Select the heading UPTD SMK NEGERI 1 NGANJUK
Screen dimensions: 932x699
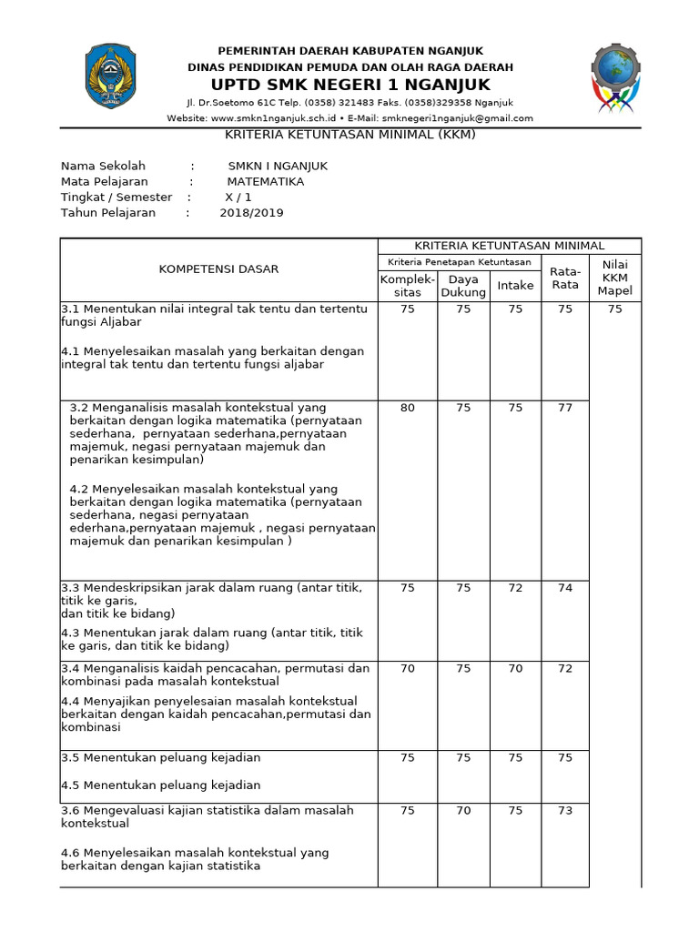tap(350, 85)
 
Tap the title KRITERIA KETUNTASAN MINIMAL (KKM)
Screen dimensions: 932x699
tap(350, 135)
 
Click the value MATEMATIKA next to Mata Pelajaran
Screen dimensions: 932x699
tap(266, 181)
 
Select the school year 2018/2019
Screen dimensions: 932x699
tap(251, 213)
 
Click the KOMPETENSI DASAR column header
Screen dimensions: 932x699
tap(219, 269)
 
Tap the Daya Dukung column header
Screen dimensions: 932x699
tap(463, 286)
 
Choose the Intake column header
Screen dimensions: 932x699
tap(515, 286)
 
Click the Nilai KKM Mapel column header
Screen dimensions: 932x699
tap(614, 278)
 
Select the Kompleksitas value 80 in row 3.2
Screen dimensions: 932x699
tap(407, 408)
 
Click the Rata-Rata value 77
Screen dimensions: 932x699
tap(565, 408)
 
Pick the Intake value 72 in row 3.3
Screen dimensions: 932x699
tap(515, 588)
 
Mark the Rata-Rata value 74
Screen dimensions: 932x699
tap(565, 588)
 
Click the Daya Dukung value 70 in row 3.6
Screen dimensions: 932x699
tap(463, 810)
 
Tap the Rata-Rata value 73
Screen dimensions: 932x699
tap(565, 810)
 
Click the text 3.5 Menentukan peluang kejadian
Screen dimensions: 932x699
tap(161, 757)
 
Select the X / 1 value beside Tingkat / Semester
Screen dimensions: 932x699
tap(238, 198)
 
